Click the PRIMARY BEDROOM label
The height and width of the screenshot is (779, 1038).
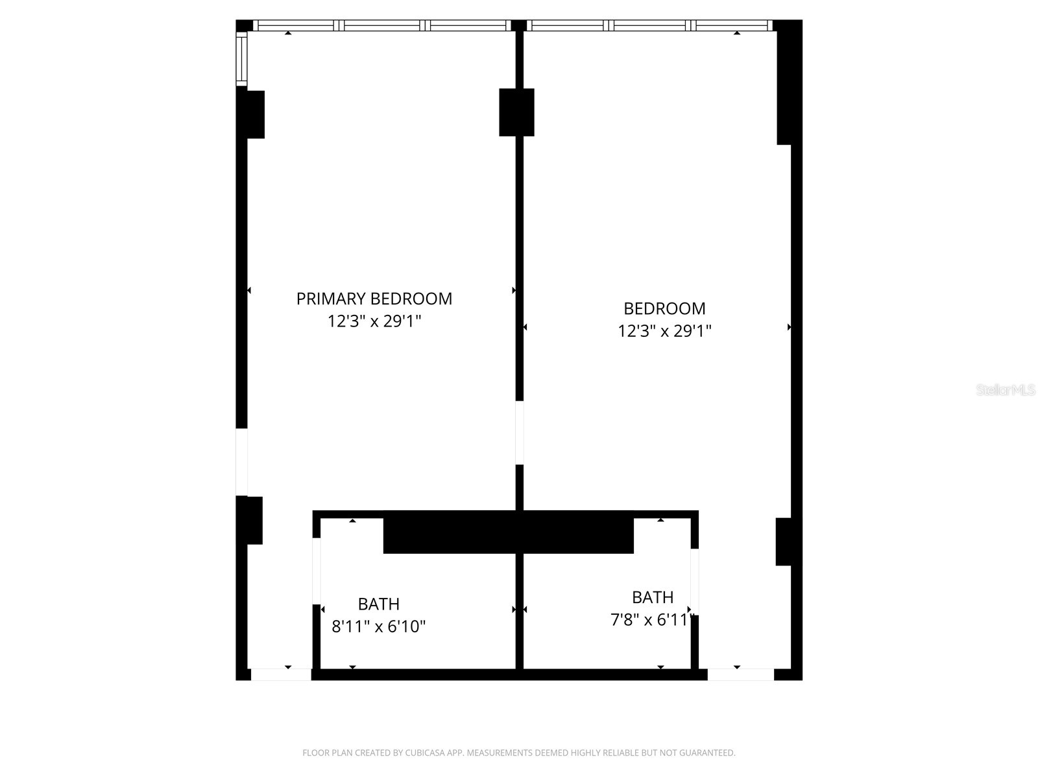374,299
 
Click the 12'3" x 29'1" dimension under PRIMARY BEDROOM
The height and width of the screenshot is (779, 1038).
374,321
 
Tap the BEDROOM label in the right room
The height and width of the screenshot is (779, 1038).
664,308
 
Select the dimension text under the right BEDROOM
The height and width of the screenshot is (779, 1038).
664,331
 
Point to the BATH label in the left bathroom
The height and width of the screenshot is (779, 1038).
379,604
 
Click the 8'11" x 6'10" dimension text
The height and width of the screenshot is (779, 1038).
379,627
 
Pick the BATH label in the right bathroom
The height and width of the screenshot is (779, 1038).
653,597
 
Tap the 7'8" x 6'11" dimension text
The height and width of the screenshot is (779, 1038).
653,620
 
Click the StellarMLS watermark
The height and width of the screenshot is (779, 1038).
1006,390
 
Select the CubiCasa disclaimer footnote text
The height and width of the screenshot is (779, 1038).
519,753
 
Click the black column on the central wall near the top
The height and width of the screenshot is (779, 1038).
516,112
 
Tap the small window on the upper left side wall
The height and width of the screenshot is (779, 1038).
241,58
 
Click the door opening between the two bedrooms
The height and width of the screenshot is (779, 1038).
520,432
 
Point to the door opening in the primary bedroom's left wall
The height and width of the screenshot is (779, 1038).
241,462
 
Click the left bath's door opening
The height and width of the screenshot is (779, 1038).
317,571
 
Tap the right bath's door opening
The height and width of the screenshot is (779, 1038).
694,581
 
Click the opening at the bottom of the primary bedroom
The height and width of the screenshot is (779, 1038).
281,674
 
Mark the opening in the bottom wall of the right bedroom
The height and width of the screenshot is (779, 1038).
740,674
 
